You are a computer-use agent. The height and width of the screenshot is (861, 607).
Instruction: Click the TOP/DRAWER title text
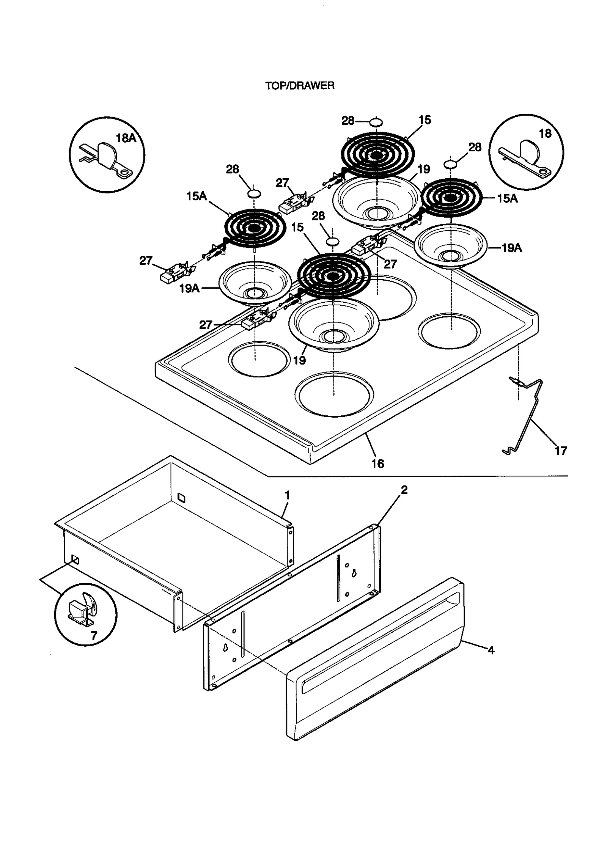click(299, 86)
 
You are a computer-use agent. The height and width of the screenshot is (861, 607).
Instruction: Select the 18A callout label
click(126, 138)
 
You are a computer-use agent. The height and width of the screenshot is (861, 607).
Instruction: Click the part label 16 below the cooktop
click(377, 463)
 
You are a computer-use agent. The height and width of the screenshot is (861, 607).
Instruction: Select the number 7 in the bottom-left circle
click(93, 636)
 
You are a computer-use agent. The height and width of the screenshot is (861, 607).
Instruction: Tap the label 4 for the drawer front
click(491, 650)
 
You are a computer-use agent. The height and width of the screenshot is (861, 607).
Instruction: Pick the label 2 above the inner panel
click(404, 490)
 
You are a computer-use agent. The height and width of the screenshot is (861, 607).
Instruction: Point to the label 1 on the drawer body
click(287, 495)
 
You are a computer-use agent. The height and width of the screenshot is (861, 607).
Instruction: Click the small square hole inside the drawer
click(182, 496)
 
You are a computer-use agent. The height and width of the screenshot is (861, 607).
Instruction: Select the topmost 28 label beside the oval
click(348, 121)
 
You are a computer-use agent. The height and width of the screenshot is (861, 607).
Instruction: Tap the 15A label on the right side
click(507, 198)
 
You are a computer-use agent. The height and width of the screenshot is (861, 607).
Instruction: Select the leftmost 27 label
click(146, 261)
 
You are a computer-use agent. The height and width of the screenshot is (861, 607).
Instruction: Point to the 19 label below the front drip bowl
click(299, 360)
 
